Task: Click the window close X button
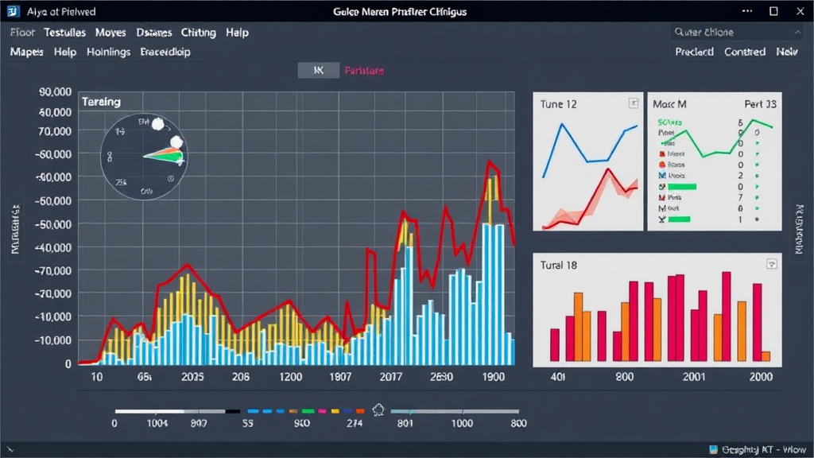797,12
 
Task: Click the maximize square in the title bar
773,12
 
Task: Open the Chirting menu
198,33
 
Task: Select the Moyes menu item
110,33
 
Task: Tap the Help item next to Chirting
236,33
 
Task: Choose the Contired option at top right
745,52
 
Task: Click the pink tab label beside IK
364,71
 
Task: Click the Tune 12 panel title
558,104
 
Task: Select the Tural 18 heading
558,266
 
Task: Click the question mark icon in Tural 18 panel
770,264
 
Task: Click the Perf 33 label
760,104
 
